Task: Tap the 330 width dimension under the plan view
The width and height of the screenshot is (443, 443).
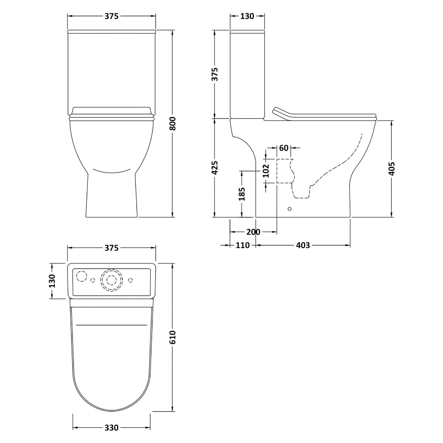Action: [111, 428]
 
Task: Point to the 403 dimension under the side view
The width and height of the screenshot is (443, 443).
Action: [303, 245]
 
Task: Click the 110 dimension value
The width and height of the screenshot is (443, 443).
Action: [243, 245]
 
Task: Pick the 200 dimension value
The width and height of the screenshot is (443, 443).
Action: [253, 232]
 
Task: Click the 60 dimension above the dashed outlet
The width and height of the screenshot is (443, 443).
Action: [284, 148]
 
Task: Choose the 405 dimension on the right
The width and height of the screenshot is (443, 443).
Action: [392, 168]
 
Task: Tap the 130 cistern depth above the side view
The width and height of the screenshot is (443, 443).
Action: [247, 16]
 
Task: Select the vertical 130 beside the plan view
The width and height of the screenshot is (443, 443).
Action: [52, 281]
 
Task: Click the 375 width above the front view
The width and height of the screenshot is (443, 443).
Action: [111, 16]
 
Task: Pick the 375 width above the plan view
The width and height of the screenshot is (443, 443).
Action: [111, 248]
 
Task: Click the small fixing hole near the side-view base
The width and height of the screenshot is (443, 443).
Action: [289, 209]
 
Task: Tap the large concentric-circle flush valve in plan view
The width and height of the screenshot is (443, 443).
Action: [111, 280]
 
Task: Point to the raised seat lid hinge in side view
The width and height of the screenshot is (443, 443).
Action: [281, 113]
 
